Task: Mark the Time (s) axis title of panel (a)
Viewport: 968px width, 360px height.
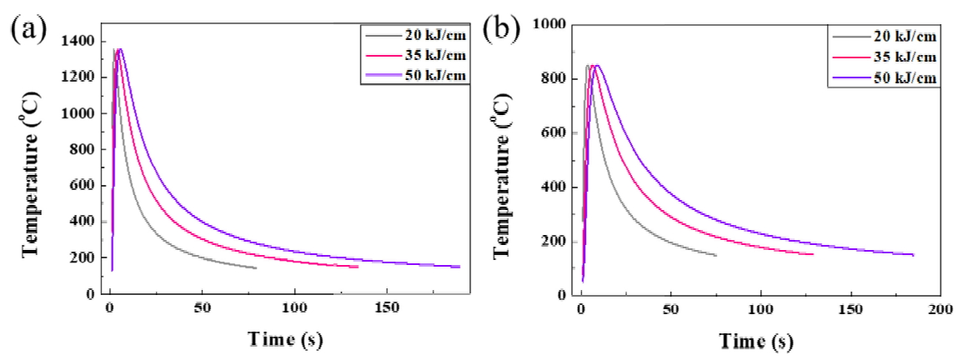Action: point(283,340)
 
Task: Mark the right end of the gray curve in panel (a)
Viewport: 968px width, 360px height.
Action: point(256,267)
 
